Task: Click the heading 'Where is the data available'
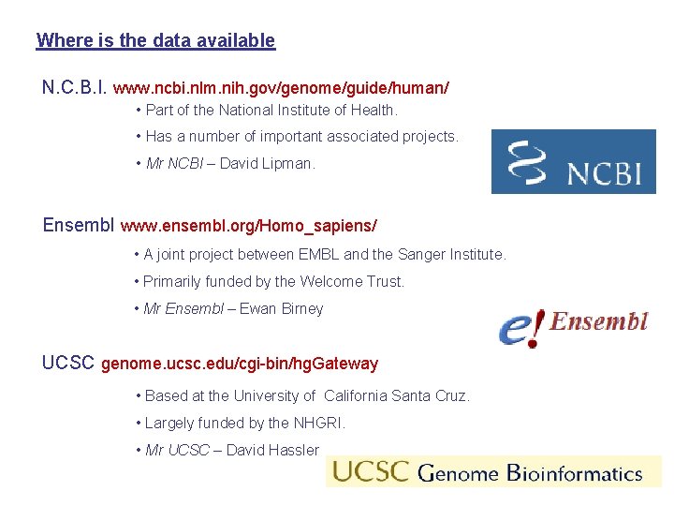coord(155,40)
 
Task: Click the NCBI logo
coord(573,161)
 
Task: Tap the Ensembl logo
coord(573,326)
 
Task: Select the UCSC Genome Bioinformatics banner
coord(492,471)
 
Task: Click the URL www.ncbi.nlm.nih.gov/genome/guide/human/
coord(281,88)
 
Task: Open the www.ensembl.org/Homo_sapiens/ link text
coord(249,226)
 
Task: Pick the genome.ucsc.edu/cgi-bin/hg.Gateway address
coord(239,364)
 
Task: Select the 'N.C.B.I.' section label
coord(75,87)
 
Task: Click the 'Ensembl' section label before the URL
coord(80,225)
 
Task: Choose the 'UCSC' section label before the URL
coord(68,363)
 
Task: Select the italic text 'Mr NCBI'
coord(174,163)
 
